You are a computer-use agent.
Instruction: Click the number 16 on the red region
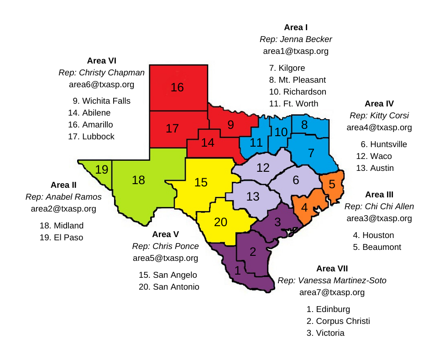[177, 87]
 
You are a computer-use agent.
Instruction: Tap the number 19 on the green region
[102, 170]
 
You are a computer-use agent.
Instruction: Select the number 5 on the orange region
[332, 185]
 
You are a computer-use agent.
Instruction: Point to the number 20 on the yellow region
[220, 222]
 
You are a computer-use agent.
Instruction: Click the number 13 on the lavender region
[253, 197]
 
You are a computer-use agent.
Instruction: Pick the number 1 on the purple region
[237, 270]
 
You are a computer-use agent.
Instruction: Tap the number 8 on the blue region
[304, 124]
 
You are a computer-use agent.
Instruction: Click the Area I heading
[296, 27]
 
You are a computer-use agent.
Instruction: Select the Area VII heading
[332, 268]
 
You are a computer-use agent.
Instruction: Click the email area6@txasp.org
[102, 85]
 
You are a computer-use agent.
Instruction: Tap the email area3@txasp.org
[379, 218]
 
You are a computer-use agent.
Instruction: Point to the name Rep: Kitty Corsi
[379, 115]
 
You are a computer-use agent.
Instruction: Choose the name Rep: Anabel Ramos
[63, 197]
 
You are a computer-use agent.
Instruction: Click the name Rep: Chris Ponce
[166, 246]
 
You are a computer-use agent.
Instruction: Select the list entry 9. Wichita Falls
[101, 101]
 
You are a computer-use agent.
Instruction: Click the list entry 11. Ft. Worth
[293, 104]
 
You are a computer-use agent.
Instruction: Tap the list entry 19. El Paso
[62, 238]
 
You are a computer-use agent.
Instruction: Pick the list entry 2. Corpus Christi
[338, 321]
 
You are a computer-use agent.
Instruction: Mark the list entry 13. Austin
[375, 168]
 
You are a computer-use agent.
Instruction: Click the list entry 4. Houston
[373, 235]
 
